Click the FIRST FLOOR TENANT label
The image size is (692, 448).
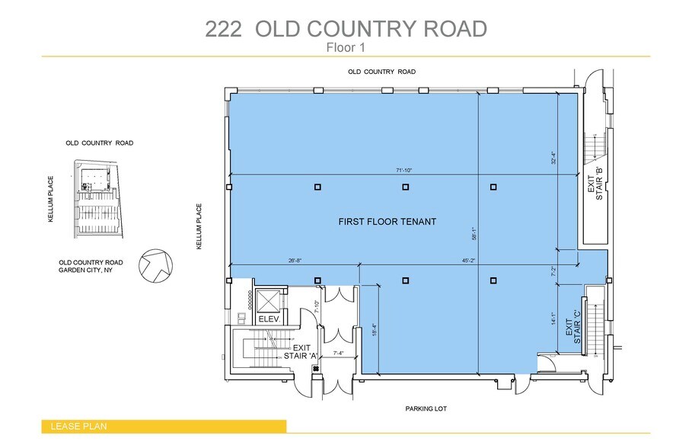click(387, 222)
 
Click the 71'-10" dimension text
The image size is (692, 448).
click(403, 170)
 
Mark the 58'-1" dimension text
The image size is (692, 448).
click(474, 233)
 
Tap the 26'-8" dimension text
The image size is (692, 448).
click(295, 261)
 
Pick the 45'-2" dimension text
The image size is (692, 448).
click(468, 261)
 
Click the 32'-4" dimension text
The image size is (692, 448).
click(553, 158)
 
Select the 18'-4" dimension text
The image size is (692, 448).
click(375, 330)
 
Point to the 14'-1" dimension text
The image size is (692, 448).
click(553, 319)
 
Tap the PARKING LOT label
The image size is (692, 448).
click(426, 408)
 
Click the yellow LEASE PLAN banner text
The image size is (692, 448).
click(78, 427)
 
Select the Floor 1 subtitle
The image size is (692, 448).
click(346, 47)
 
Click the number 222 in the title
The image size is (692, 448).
click(224, 29)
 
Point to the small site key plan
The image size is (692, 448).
click(98, 200)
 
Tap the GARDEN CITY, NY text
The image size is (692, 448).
click(85, 270)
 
